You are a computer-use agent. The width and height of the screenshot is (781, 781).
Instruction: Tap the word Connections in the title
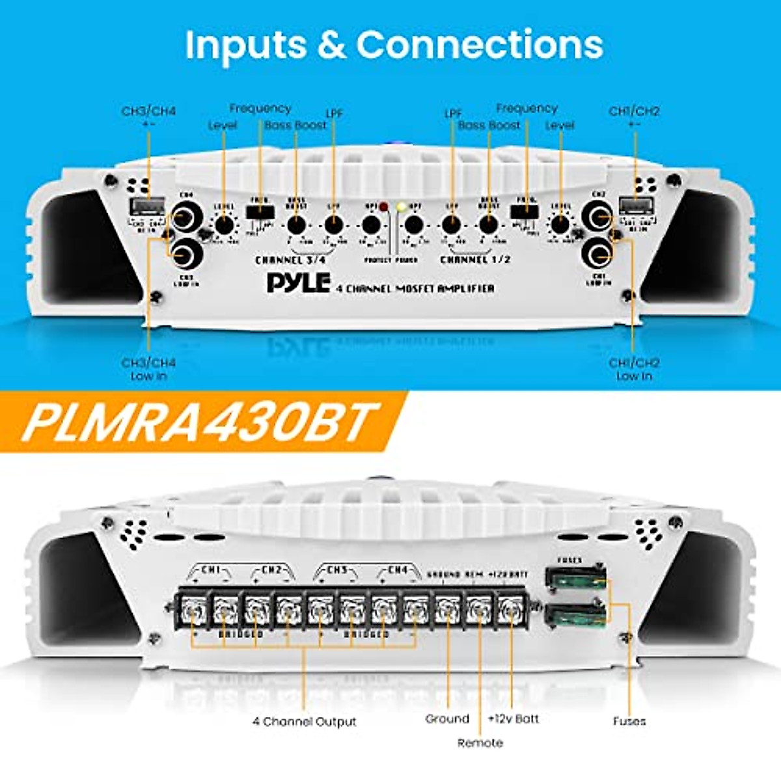[480, 45]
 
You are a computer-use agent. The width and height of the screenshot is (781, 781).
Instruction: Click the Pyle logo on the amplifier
[298, 283]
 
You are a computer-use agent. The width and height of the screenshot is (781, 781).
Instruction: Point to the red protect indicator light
[383, 207]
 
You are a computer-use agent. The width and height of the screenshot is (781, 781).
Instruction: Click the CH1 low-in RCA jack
[598, 254]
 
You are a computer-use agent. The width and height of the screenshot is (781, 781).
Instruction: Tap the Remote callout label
[480, 743]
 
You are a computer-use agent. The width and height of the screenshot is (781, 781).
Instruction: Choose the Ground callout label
[447, 719]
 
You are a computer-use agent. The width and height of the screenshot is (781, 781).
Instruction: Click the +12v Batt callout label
[514, 719]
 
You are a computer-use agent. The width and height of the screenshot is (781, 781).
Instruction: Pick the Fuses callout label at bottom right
[629, 721]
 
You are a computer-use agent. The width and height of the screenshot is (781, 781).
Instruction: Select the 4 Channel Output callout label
[305, 722]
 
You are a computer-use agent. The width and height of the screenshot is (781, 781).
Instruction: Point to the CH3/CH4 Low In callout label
[149, 369]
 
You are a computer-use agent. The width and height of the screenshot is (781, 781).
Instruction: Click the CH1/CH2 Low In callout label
[634, 369]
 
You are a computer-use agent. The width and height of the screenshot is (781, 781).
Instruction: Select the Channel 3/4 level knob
[225, 225]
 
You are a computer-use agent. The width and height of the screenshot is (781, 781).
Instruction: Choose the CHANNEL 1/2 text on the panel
[475, 260]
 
